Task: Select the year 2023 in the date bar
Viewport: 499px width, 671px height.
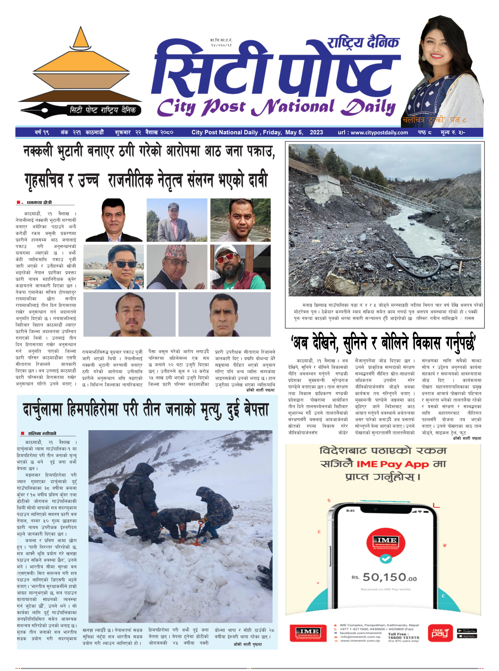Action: [x=316, y=132]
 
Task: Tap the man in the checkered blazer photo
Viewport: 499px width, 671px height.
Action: [x=177, y=220]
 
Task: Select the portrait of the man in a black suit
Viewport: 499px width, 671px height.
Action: [x=113, y=220]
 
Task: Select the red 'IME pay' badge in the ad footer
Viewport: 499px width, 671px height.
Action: [x=440, y=633]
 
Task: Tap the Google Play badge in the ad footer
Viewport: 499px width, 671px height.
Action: [x=467, y=631]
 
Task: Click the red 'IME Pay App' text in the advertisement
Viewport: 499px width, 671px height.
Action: [x=392, y=464]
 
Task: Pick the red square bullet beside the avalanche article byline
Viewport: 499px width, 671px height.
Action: [x=22, y=433]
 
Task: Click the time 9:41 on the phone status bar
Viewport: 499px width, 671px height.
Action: [x=350, y=511]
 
